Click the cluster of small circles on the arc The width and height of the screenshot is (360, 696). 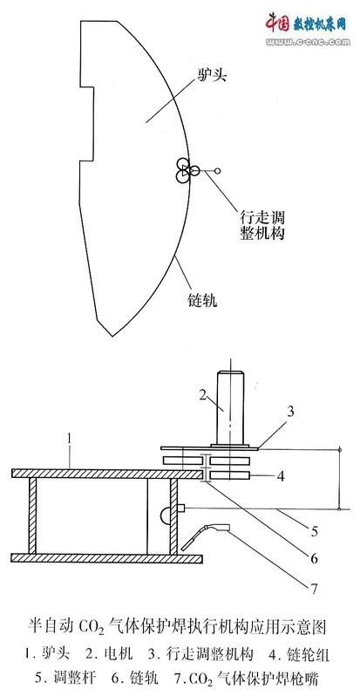pos(186,169)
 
